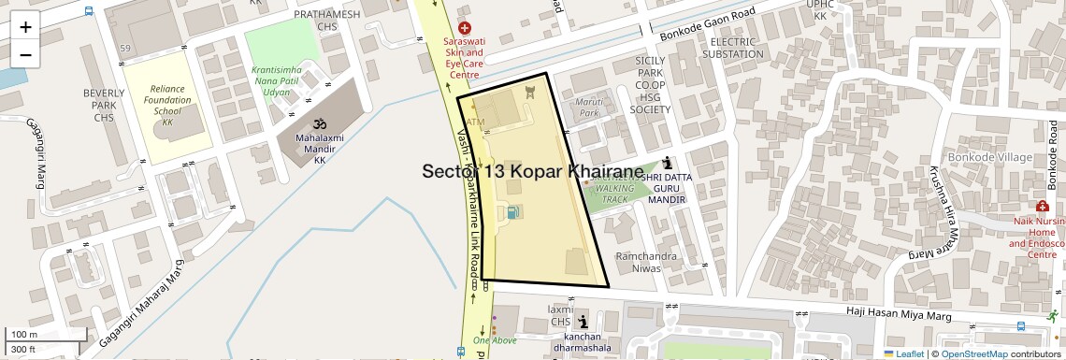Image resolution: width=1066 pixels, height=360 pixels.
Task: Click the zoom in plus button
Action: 25,26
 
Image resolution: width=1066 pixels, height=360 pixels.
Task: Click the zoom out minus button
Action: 25,54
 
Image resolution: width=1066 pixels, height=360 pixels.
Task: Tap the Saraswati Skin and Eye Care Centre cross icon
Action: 464,30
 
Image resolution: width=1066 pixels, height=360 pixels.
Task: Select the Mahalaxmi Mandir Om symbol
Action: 317,124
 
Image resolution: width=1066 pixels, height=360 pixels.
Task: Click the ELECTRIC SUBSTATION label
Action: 738,48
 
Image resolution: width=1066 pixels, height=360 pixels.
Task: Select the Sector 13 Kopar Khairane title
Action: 533,172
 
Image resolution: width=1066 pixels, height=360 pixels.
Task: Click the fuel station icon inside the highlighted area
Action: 513,212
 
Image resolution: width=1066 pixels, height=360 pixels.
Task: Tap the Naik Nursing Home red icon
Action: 1042,206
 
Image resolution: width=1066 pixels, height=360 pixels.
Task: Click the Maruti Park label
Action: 588,107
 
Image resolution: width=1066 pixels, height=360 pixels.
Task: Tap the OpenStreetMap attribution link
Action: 973,353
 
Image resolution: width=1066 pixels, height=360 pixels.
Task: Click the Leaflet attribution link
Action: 902,353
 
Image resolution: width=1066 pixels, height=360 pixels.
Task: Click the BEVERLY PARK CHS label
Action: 104,105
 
